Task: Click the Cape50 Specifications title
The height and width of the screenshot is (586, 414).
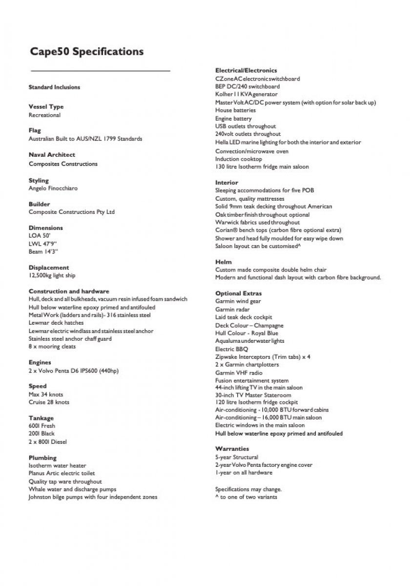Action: pos(87,52)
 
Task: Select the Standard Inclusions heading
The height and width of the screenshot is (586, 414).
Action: pos(54,87)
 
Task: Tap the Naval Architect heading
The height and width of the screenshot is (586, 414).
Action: pos(52,155)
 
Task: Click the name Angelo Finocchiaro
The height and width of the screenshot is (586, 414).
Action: pos(53,188)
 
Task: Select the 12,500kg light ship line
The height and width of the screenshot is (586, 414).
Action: pos(52,275)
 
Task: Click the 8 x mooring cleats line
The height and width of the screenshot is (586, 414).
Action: pos(52,347)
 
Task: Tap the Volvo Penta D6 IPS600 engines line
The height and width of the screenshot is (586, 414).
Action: pos(73,371)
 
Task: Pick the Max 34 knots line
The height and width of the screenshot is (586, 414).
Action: pos(45,394)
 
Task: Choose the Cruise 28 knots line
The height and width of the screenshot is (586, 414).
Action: pos(49,402)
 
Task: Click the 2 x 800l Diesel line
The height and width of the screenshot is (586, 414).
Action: pos(47,441)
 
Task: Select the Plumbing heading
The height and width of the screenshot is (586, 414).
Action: pos(42,458)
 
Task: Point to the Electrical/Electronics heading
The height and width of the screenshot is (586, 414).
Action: pos(246,71)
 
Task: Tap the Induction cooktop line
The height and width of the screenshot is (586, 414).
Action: pos(238,159)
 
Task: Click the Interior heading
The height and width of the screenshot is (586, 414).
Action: pos(227,183)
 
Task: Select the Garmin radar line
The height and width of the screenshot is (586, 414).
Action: pos(232,309)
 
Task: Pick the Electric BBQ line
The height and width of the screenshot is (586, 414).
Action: pos(231,349)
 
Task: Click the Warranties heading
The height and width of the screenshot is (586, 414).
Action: pos(232,449)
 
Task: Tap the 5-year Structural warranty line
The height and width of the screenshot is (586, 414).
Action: pos(237,457)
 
